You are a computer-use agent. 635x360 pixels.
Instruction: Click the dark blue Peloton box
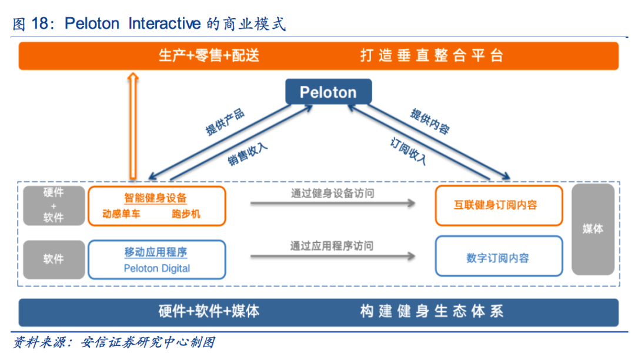pos(328,92)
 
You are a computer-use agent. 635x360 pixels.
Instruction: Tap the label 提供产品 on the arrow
pos(225,122)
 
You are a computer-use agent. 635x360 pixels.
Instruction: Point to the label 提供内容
pos(430,122)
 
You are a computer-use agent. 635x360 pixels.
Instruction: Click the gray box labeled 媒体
pos(593,229)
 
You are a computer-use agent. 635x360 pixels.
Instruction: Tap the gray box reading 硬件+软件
pos(53,205)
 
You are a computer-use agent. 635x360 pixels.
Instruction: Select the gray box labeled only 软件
pos(53,259)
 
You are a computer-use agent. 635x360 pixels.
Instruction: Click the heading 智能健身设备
pos(155,198)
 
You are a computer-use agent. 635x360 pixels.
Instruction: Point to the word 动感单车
pos(121,214)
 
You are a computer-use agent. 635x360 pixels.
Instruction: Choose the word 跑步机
pos(186,214)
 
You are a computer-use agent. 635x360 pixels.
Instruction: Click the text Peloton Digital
pos(156,268)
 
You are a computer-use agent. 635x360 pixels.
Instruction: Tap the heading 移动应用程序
pos(156,252)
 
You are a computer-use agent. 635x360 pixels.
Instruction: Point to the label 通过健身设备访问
pos(332,193)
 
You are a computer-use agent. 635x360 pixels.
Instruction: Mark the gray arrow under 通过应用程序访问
pos(332,256)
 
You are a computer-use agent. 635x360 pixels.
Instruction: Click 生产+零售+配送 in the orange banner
pos(209,56)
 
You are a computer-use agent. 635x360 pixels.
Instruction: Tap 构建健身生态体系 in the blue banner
pos(432,312)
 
